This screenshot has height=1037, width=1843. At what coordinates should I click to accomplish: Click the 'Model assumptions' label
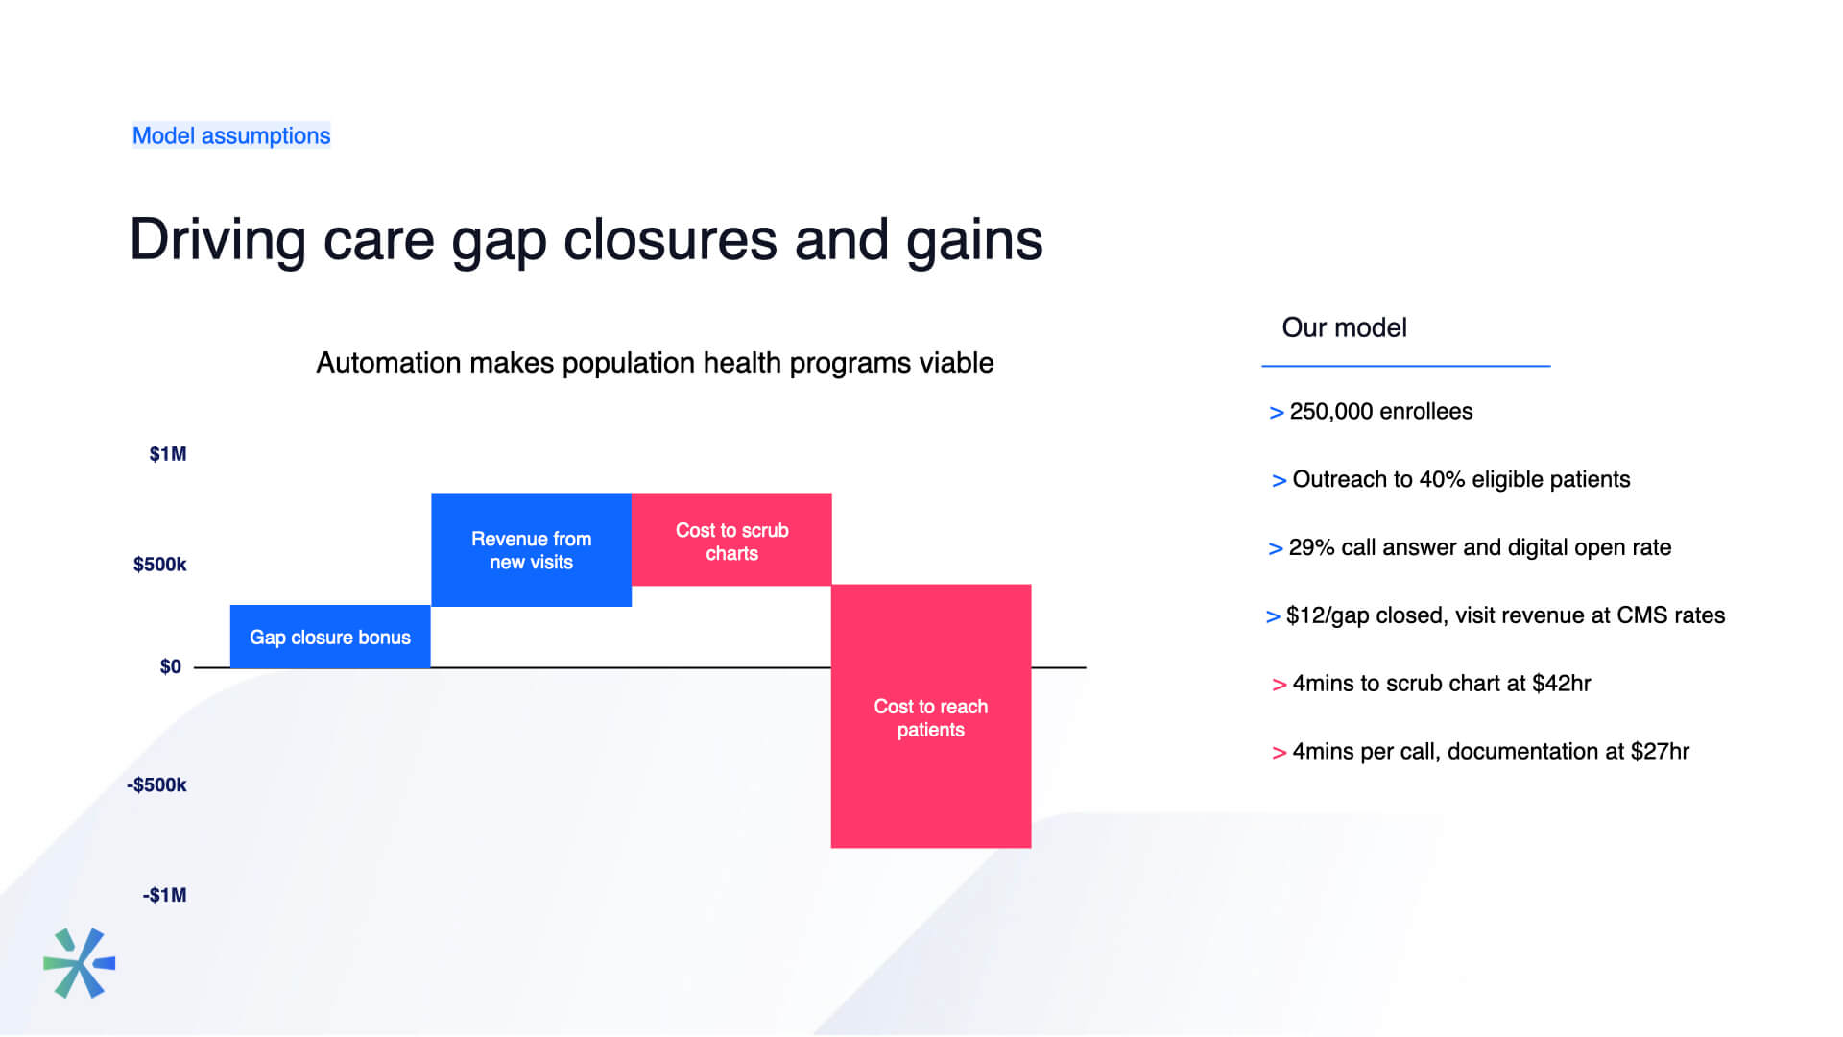(231, 135)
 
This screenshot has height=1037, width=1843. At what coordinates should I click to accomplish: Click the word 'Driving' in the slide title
(218, 240)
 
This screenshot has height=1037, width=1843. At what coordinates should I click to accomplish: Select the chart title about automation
(655, 363)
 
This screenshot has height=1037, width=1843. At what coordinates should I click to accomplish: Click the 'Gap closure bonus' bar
(330, 636)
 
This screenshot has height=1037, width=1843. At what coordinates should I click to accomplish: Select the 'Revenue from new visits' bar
(531, 550)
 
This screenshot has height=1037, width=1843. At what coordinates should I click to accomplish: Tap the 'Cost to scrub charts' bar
(731, 540)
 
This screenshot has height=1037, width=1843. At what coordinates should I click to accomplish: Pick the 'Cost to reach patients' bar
(931, 716)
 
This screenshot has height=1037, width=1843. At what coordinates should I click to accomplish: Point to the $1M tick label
(168, 454)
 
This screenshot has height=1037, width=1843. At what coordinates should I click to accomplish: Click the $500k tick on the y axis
(159, 565)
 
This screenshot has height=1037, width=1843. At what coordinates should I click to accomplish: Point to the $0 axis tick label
(171, 666)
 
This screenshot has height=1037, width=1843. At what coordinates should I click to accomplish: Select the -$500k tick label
(156, 785)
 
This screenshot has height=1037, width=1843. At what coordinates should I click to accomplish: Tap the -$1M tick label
(165, 895)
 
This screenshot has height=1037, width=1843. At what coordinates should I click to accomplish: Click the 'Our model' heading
(1344, 327)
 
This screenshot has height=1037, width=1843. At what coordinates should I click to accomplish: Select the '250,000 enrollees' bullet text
(1380, 412)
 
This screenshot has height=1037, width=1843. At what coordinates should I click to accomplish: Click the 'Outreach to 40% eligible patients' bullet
(1461, 480)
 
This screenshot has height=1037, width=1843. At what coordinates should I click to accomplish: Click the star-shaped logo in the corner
(79, 963)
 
